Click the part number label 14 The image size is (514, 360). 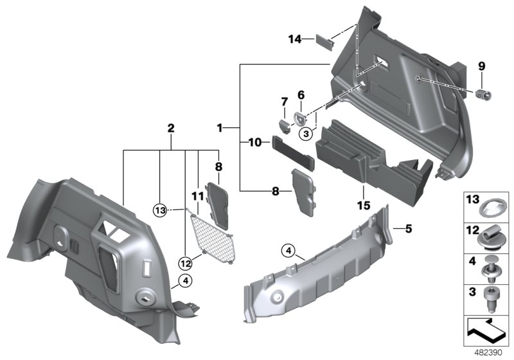point(294,40)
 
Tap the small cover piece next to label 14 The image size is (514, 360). point(324,40)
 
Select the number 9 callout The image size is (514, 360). point(482,66)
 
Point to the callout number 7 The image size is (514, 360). point(284,102)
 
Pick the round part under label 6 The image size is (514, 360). point(300,119)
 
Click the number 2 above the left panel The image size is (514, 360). point(171,129)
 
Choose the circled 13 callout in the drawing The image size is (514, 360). point(161,210)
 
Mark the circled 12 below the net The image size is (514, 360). point(185,262)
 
